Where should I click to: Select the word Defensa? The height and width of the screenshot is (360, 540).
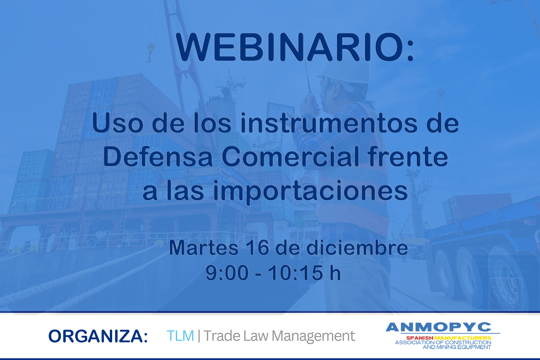[158, 157]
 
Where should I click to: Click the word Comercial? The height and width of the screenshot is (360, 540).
[291, 157]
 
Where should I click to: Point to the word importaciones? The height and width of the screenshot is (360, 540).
[310, 191]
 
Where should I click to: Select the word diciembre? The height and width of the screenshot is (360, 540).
[357, 247]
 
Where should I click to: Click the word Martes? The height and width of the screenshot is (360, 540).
[204, 247]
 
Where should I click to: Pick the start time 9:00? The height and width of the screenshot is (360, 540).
[227, 273]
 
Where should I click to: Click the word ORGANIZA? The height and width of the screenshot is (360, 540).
[96, 336]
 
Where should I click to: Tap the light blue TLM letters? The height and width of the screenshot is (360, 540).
[180, 336]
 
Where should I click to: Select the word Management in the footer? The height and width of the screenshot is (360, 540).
[313, 336]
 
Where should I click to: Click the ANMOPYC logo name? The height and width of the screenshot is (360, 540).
[438, 327]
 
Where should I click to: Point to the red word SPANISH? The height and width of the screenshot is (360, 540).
[420, 338]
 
